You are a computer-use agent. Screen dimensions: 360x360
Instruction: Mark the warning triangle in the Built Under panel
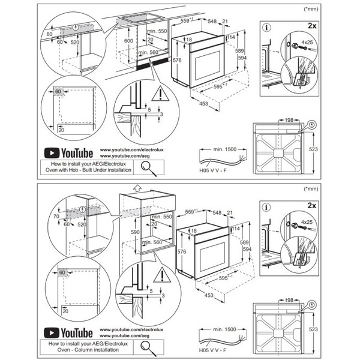[x=160, y=94]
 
